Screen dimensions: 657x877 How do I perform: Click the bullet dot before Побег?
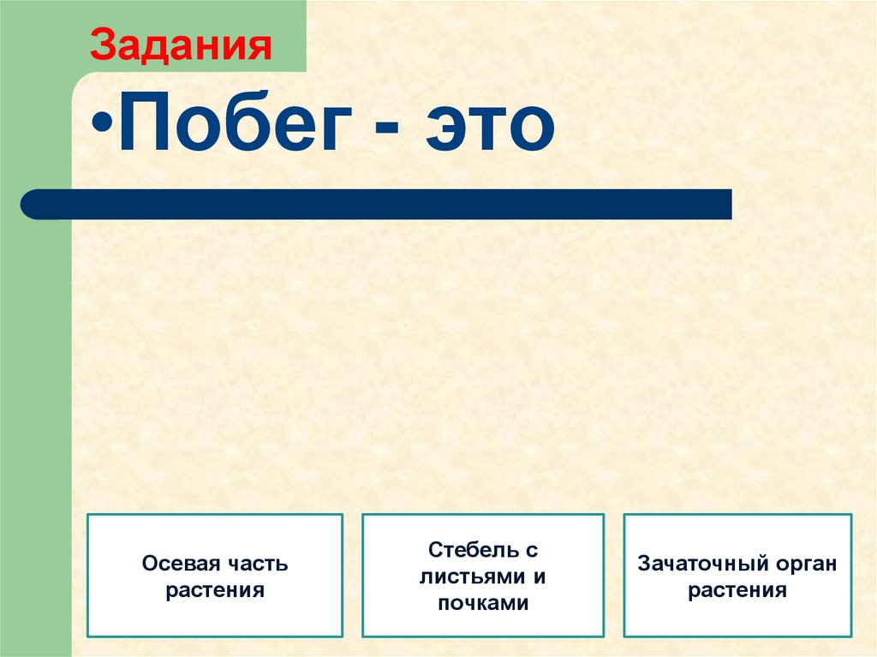click(x=104, y=128)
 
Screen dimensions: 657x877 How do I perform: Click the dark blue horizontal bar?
click(x=377, y=205)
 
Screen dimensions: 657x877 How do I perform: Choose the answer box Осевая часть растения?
click(x=215, y=576)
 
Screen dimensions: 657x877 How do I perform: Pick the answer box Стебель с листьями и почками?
click(x=483, y=576)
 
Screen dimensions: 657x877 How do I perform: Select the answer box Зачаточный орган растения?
click(x=737, y=576)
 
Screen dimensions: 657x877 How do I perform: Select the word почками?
click(x=483, y=603)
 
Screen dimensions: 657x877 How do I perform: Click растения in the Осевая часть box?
click(x=215, y=590)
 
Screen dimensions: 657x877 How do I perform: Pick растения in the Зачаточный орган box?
click(x=737, y=590)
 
